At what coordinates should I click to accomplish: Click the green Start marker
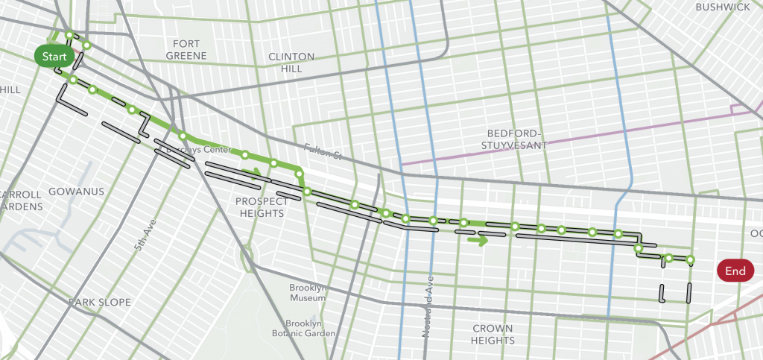54,57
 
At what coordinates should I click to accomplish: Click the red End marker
735,271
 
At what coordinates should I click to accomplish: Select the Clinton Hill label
291,63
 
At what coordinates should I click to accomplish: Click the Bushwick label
722,7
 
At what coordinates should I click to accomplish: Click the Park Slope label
100,303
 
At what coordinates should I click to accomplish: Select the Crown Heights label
493,335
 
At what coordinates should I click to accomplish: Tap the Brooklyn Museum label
308,293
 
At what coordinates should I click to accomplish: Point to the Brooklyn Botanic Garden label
303,329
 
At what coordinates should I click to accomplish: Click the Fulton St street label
322,151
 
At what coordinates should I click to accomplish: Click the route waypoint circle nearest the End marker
690,260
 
